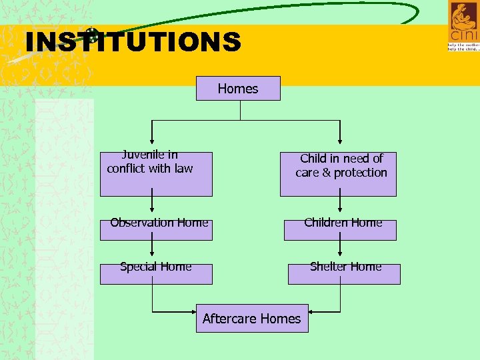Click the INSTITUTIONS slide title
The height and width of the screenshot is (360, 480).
click(133, 42)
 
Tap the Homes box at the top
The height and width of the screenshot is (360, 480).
click(238, 88)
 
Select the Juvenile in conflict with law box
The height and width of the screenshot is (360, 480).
click(156, 174)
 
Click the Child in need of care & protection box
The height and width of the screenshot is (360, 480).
click(338, 174)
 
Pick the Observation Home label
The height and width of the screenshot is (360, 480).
click(159, 223)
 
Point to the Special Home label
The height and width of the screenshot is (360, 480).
click(156, 267)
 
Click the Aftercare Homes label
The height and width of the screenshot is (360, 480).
click(251, 319)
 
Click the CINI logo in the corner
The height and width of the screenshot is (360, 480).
click(463, 26)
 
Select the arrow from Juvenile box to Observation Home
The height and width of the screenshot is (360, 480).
click(153, 207)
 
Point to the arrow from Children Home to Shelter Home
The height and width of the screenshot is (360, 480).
click(341, 251)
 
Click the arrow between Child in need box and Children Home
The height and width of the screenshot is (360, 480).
click(341, 207)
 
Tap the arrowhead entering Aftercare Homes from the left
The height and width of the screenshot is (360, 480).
click(194, 311)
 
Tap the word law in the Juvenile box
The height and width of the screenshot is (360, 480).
click(183, 169)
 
